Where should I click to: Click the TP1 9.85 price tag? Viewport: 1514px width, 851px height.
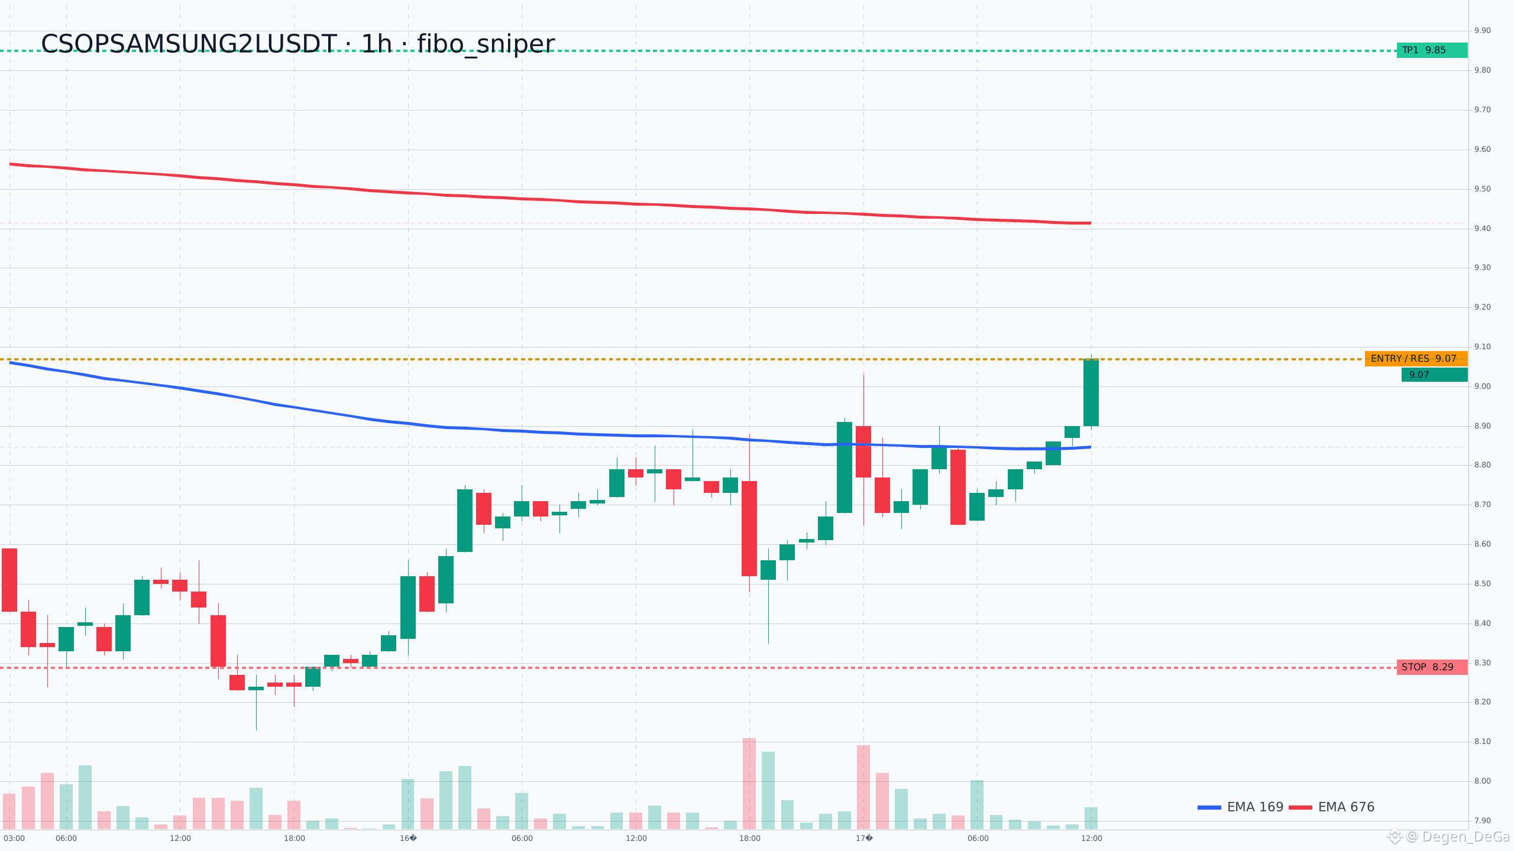(1432, 50)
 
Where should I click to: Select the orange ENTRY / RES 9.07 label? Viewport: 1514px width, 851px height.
(1416, 359)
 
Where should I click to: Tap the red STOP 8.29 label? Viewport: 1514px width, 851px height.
(1432, 667)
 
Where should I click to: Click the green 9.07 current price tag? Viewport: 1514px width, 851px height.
(1434, 375)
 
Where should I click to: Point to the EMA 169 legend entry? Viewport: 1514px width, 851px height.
(1240, 807)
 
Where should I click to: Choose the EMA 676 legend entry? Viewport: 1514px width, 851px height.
(1332, 807)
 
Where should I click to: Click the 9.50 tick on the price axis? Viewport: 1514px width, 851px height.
(1483, 189)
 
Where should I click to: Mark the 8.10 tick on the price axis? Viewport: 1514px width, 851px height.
(1483, 742)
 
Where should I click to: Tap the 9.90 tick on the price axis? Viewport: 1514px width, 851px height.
(1483, 31)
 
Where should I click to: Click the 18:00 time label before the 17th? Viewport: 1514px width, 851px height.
(750, 838)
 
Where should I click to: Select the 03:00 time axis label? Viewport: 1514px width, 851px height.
(14, 838)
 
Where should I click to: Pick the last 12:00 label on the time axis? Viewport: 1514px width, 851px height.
(1092, 838)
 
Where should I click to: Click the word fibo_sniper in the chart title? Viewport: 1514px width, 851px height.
(486, 44)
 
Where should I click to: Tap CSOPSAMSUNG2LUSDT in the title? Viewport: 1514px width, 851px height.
(189, 44)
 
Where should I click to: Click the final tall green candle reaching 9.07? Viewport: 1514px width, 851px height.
(1091, 392)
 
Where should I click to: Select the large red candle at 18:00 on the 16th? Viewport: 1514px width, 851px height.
(749, 528)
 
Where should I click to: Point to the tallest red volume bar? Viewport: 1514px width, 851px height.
(749, 784)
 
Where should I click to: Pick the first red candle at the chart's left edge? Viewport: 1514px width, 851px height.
(9, 580)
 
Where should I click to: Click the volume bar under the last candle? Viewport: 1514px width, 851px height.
(1091, 818)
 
